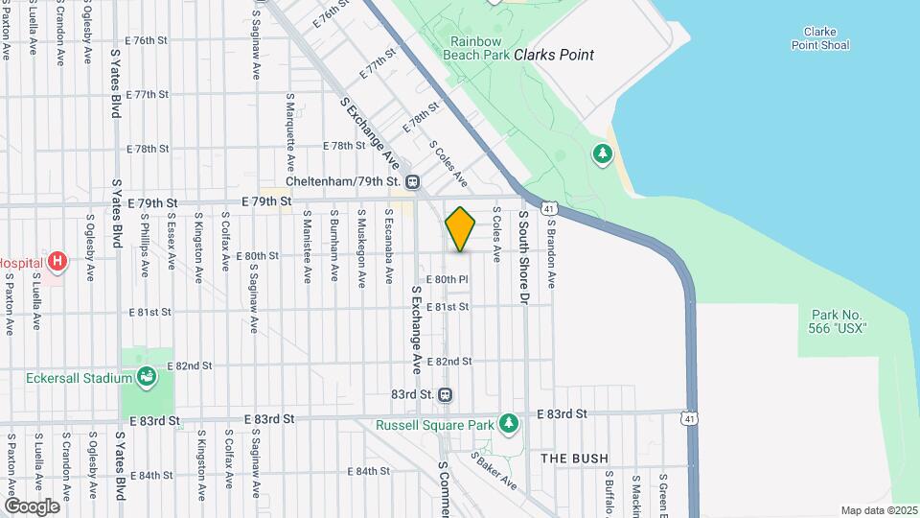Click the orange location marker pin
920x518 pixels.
460,229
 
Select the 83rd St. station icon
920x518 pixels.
445,394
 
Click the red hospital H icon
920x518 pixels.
57,260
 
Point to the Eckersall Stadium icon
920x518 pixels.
147,377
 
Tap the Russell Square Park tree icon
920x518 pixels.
509,423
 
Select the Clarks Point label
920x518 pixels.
554,55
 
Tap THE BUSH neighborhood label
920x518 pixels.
574,459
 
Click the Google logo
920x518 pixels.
32,506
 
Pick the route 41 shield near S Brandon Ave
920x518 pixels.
548,208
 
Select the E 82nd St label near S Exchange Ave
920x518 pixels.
453,361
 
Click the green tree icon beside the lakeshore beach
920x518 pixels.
602,153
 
